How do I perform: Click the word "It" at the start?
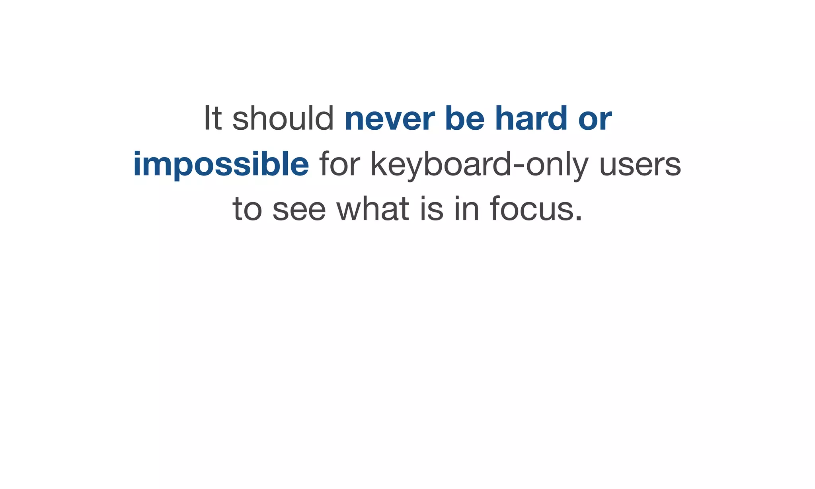tap(213, 118)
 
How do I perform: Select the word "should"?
tap(283, 118)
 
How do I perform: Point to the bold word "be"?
tap(464, 118)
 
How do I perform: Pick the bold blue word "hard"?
tap(531, 118)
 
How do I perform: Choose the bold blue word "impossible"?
tap(221, 164)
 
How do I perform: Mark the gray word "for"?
tap(339, 164)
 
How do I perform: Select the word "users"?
tap(640, 164)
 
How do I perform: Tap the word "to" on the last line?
tap(247, 209)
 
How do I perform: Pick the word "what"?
tap(373, 209)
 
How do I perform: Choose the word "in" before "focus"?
tap(466, 209)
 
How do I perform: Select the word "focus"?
tap(532, 209)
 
